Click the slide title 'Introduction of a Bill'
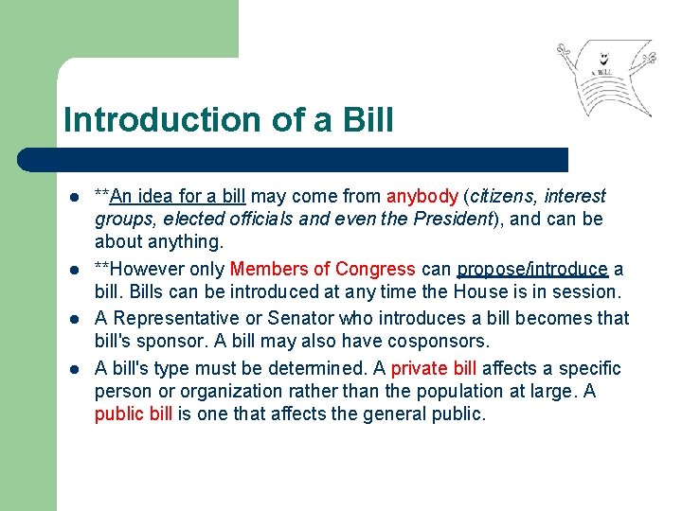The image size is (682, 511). pyautogui.click(x=228, y=121)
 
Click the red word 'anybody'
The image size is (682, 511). pyautogui.click(x=422, y=197)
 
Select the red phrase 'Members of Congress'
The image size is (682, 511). pyautogui.click(x=322, y=270)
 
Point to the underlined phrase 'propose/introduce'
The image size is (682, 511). pyautogui.click(x=532, y=270)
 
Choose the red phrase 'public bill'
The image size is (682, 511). pyautogui.click(x=134, y=414)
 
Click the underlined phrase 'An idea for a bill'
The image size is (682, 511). pyautogui.click(x=178, y=197)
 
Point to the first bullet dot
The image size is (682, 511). pyautogui.click(x=73, y=198)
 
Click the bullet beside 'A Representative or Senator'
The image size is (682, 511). pyautogui.click(x=73, y=319)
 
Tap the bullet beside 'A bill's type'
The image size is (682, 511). pyautogui.click(x=73, y=369)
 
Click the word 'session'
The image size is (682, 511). pyautogui.click(x=589, y=292)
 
